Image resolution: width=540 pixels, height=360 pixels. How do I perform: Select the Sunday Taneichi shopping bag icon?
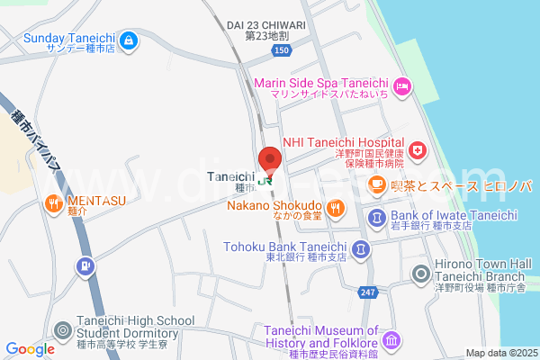pos(129,39)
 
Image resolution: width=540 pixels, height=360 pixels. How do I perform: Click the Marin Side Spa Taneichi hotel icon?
pos(402,85)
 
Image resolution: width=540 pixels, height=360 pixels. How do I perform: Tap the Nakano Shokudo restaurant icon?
pos(336,209)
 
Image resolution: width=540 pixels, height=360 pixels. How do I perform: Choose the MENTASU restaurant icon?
pos(52,203)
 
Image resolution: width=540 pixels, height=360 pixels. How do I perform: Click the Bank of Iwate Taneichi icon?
pos(376,217)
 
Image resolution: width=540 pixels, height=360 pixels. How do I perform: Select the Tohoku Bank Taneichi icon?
pos(360,248)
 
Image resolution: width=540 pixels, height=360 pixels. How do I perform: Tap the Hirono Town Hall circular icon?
pos(420,274)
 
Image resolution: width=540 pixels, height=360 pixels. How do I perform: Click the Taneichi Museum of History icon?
pos(391,341)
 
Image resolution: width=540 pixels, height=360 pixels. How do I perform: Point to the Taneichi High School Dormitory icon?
pos(61,331)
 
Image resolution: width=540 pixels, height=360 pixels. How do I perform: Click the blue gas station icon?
pos(85,266)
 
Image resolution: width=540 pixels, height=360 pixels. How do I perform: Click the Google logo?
pos(31,349)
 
